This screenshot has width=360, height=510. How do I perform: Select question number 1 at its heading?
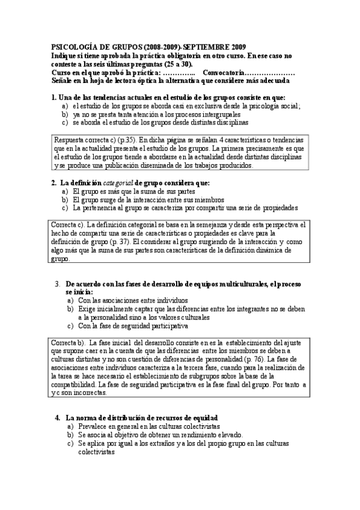[x=53, y=97]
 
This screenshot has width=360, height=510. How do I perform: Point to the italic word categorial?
[x=118, y=182]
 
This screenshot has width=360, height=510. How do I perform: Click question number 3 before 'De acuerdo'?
[x=58, y=283]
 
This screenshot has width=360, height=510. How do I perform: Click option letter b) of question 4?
[x=70, y=434]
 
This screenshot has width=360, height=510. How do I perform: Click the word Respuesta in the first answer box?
[x=72, y=139]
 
